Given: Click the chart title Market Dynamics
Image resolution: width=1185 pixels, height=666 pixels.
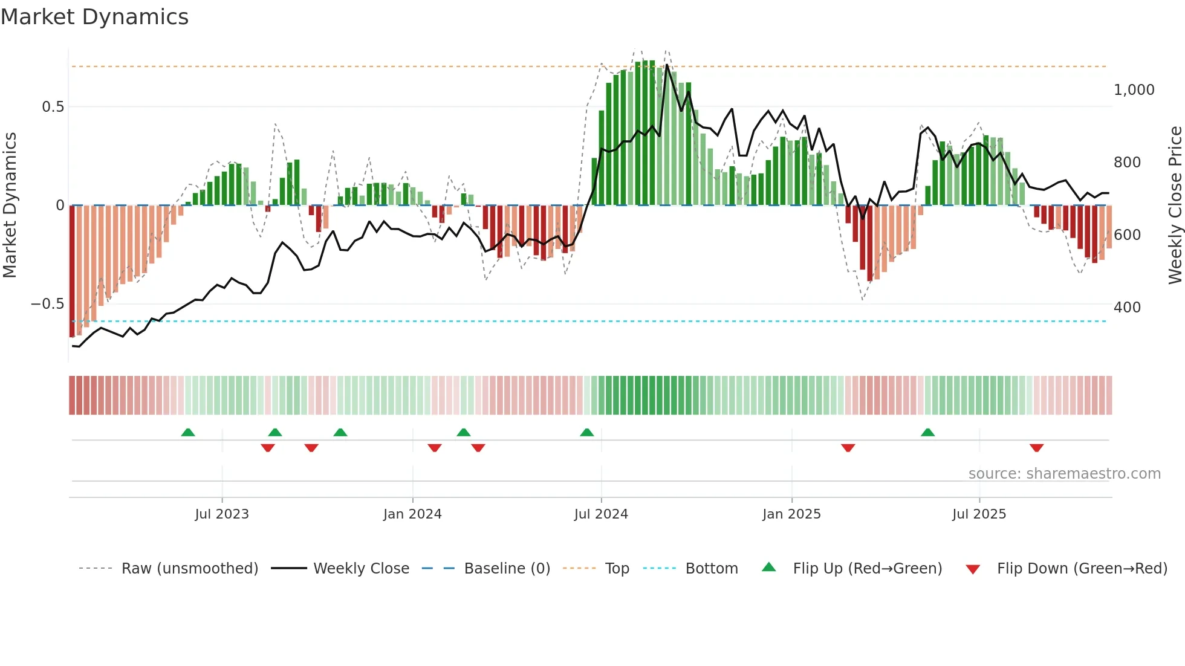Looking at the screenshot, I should (x=94, y=17).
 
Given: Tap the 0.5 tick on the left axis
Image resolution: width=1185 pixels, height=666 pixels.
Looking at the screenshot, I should (x=53, y=107).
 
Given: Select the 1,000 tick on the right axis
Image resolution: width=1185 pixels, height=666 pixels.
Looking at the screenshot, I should (x=1134, y=90).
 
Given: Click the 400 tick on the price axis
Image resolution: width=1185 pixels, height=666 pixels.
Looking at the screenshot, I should (x=1127, y=308).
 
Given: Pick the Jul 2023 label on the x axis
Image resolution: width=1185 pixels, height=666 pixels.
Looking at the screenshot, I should (x=222, y=514).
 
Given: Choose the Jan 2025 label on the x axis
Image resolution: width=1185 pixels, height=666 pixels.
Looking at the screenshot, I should (x=791, y=514).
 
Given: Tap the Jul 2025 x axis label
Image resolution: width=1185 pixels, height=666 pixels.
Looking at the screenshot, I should (x=979, y=514).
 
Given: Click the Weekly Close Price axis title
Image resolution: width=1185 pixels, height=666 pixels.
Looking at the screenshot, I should (x=1175, y=205).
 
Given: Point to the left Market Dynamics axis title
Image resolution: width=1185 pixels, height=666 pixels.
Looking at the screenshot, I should (x=10, y=205).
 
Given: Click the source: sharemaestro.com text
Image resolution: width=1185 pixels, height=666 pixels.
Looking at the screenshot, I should (x=1064, y=474).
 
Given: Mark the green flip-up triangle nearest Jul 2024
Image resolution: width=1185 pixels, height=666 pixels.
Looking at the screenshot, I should (x=586, y=433).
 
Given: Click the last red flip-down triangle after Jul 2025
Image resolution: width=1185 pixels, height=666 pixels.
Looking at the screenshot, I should (x=1036, y=448).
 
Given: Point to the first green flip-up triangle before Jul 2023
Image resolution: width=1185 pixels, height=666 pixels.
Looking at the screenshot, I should (x=188, y=433).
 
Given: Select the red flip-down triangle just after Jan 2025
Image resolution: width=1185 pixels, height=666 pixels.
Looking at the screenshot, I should (x=848, y=448).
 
